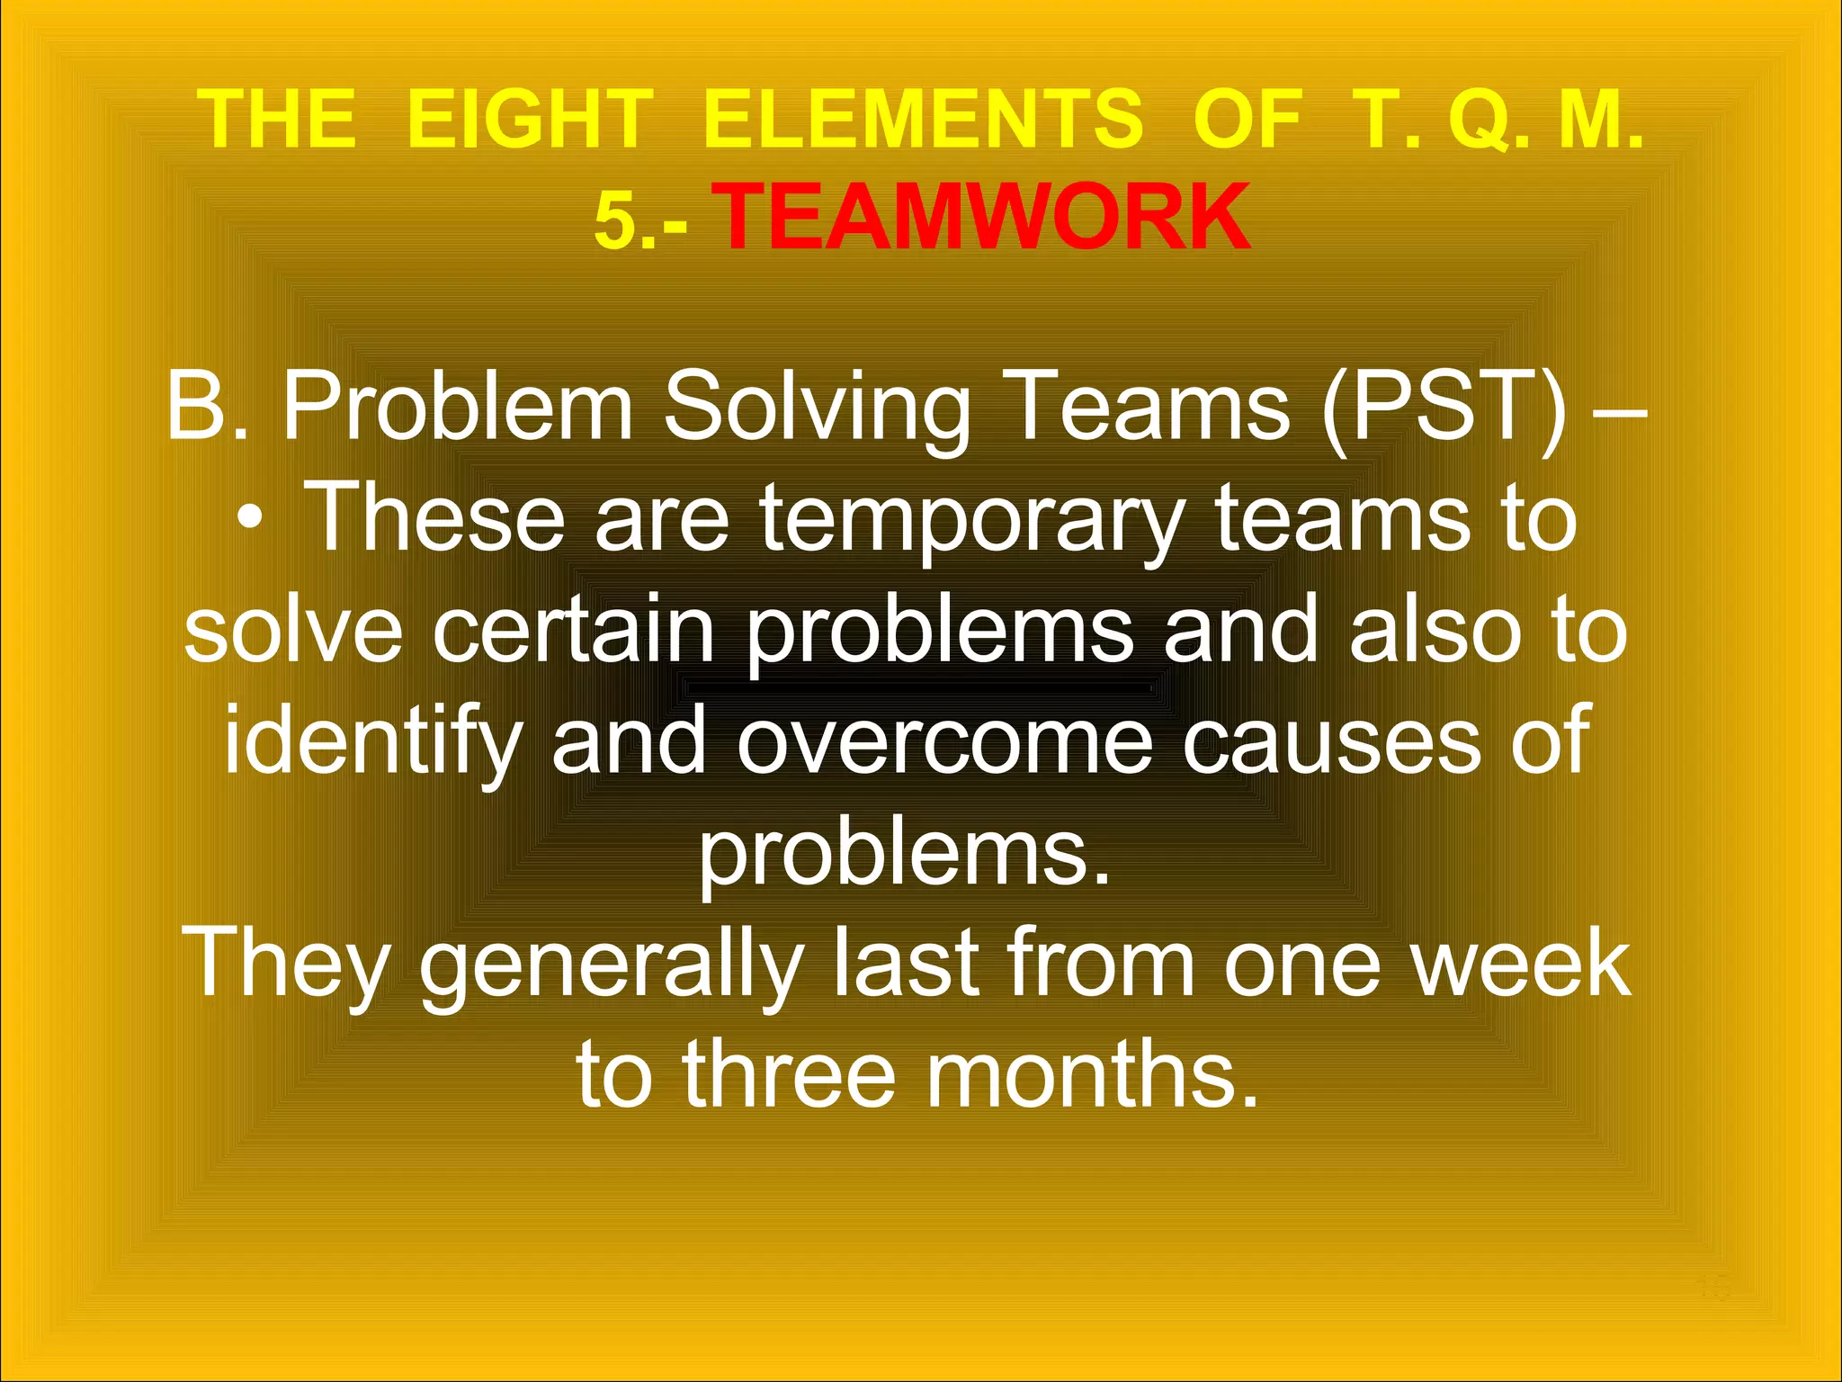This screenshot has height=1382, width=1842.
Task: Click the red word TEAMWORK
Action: tap(985, 217)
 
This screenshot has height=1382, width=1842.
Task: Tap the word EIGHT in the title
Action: tap(529, 120)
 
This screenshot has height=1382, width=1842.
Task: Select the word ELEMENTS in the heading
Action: tap(924, 120)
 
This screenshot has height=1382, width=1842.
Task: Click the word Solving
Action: tap(817, 409)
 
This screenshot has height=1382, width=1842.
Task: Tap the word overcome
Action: tap(944, 743)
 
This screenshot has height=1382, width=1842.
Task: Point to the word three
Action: tap(790, 1073)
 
